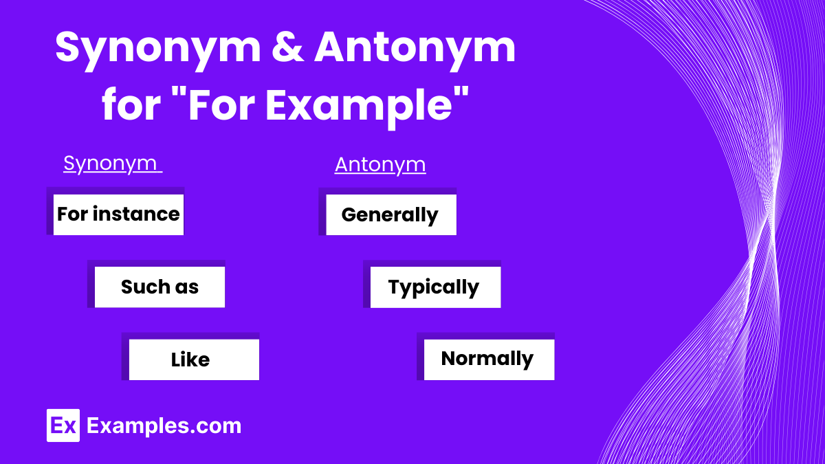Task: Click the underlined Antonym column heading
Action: [380, 165]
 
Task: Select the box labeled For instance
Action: [118, 214]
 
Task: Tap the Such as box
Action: [159, 287]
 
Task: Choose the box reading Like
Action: [190, 360]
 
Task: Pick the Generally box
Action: [390, 214]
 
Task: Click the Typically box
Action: [434, 287]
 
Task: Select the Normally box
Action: [487, 359]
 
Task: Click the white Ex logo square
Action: [63, 426]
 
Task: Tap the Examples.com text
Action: [164, 426]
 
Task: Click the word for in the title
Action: [128, 107]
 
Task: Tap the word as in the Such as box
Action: [187, 287]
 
